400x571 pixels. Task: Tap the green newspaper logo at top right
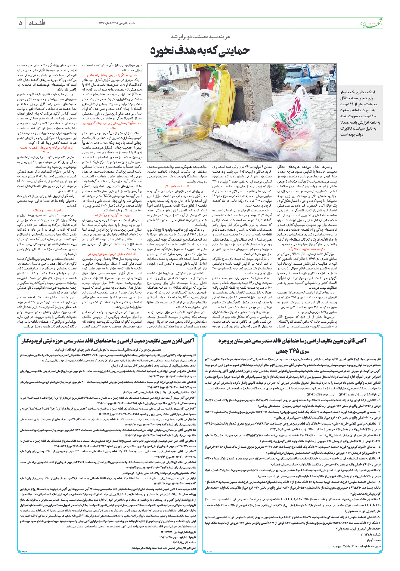coord(372,23)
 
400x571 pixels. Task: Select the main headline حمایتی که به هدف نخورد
coord(200,51)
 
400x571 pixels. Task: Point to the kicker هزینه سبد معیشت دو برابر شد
coord(200,37)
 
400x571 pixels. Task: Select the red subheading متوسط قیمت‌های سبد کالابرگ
coord(307,249)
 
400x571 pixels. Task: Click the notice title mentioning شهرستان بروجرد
coord(292,341)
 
